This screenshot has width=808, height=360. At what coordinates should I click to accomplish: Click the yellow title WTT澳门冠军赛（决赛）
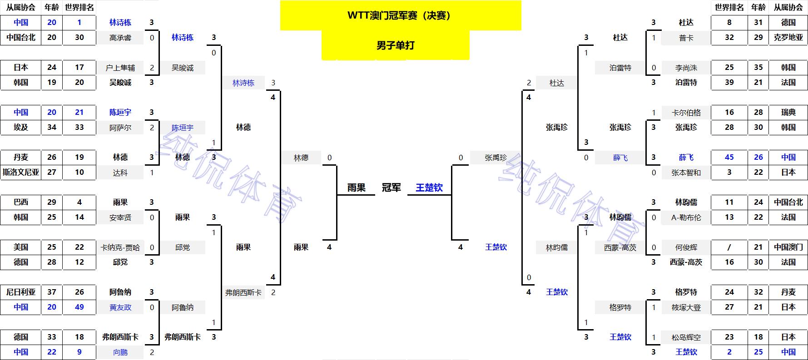click(x=400, y=15)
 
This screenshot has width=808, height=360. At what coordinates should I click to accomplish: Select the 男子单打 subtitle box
click(x=395, y=45)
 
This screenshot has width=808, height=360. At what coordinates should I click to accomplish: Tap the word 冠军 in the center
click(x=391, y=187)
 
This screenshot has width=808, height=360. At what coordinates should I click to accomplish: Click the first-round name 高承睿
click(x=120, y=38)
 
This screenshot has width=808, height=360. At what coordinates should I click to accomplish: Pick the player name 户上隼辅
click(x=120, y=68)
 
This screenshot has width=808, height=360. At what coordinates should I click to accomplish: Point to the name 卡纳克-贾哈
click(x=120, y=247)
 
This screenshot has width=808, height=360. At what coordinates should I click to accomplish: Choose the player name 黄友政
click(x=120, y=307)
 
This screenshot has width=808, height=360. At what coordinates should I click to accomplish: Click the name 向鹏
click(x=120, y=352)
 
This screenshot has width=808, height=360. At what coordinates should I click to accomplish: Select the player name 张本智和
click(x=686, y=173)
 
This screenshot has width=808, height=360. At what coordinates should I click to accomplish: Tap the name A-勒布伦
click(x=686, y=217)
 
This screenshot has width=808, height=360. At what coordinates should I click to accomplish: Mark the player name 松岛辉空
click(x=686, y=337)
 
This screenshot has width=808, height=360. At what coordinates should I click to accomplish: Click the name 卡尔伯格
click(x=686, y=113)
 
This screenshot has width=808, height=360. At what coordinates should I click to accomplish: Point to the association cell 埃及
click(x=21, y=128)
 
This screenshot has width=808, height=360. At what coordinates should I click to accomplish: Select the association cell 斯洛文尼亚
click(x=21, y=173)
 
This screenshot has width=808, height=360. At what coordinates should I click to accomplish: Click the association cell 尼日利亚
click(x=21, y=292)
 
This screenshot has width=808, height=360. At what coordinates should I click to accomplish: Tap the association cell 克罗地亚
click(x=788, y=38)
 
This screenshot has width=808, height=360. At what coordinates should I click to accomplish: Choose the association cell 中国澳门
click(x=788, y=247)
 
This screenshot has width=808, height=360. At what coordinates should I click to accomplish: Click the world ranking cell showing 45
click(x=729, y=158)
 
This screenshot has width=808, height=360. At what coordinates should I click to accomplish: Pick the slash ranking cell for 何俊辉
click(x=729, y=247)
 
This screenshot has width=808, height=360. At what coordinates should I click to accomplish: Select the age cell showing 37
click(x=52, y=292)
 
